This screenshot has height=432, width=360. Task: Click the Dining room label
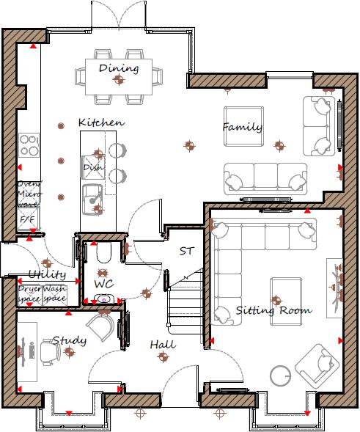click(118, 68)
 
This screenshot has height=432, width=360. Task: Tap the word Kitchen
click(100, 122)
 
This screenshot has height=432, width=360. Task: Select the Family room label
click(242, 127)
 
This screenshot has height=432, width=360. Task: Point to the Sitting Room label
click(273, 310)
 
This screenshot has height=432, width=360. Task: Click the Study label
click(69, 340)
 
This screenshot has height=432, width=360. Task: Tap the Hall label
click(162, 344)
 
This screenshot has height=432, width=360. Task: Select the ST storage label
click(187, 251)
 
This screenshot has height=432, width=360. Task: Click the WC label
click(103, 282)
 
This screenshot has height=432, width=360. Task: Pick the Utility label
click(47, 275)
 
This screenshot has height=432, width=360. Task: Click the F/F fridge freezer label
click(27, 219)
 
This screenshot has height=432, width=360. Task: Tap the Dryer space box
click(29, 294)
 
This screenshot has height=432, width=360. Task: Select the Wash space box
click(54, 294)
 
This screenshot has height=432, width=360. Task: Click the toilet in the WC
click(103, 254)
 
